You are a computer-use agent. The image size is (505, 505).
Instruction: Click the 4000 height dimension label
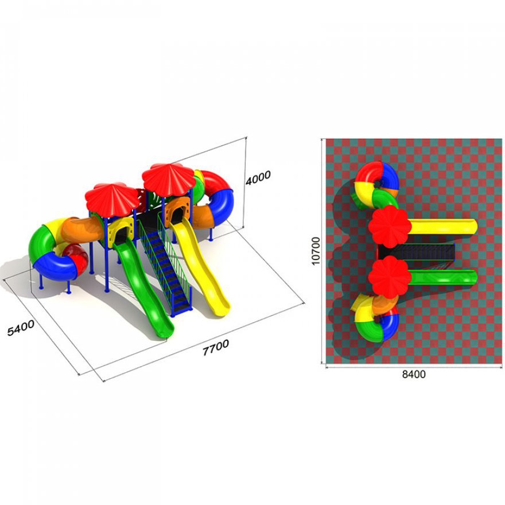tap(258, 177)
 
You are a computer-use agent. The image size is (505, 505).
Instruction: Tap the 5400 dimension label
tap(21, 328)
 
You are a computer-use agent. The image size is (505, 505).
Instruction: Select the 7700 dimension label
tap(216, 347)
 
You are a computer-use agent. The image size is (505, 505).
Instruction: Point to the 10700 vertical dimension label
tap(316, 251)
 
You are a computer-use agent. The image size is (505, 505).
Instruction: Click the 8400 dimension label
tap(414, 374)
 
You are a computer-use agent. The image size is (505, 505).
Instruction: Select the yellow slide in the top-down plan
tap(443, 227)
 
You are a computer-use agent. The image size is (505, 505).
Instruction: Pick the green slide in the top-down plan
tap(443, 278)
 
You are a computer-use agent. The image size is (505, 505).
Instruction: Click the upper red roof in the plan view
tap(390, 227)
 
